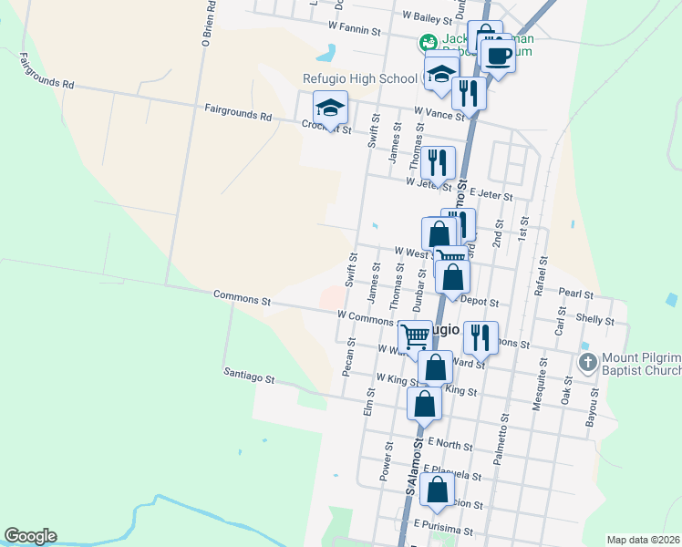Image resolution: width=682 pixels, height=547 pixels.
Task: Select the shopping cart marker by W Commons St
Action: click(x=415, y=337)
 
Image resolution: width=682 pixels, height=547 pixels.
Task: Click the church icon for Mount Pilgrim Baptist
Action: click(x=588, y=363)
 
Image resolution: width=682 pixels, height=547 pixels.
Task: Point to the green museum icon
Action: click(x=426, y=42)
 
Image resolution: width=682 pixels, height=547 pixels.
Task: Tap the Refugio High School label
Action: click(x=360, y=78)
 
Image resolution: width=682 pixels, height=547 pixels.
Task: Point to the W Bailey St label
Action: click(x=428, y=17)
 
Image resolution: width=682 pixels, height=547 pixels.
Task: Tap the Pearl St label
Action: click(x=576, y=295)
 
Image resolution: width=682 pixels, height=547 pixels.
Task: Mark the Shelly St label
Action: click(x=595, y=320)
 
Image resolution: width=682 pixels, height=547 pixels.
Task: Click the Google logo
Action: click(x=30, y=536)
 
